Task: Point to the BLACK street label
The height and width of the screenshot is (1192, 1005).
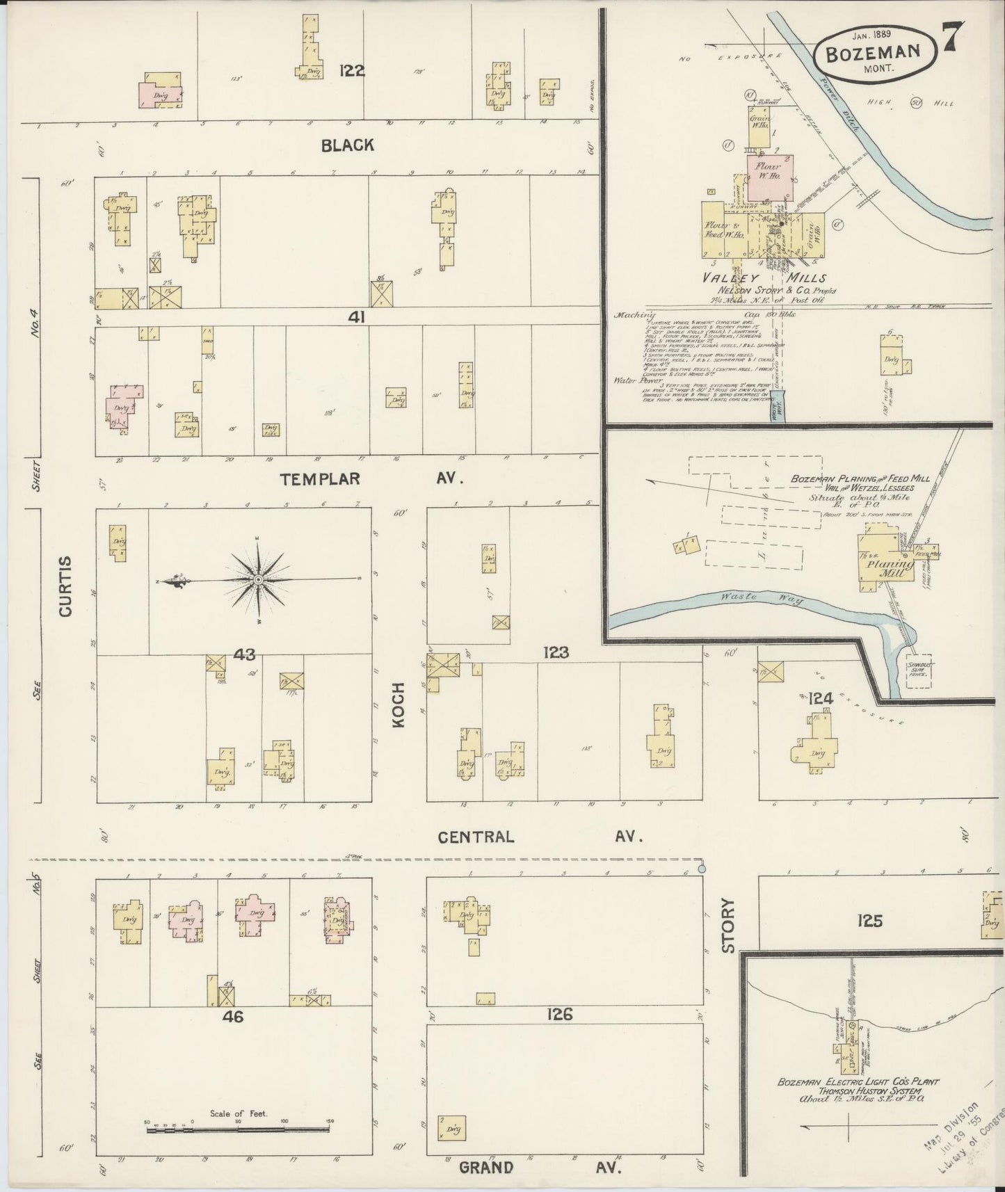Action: [348, 145]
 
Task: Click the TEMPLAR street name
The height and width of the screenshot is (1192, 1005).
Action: [321, 478]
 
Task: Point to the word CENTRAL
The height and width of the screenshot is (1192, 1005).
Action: [476, 837]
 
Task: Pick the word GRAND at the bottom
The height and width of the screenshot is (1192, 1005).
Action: [486, 1167]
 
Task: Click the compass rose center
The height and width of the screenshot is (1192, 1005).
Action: [258, 579]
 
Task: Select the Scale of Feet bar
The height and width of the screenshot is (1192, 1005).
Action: [238, 1130]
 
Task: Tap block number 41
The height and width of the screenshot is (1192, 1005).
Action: [357, 317]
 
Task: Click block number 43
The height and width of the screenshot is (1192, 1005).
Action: [245, 654]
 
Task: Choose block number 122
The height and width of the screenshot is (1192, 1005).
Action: [352, 70]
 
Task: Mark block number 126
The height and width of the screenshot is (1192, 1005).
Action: [559, 1015]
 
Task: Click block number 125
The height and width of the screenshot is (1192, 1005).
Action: [869, 921]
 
